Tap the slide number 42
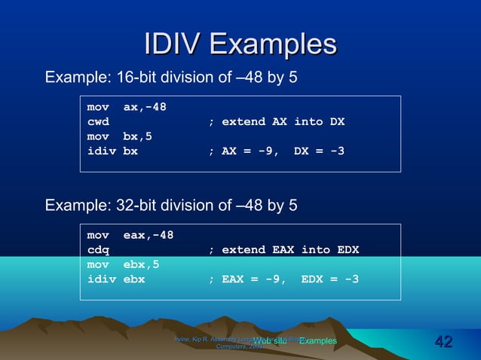[x=443, y=343]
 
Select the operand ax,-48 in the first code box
[x=145, y=107]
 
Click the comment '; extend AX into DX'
[x=276, y=121]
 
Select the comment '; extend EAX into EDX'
[x=283, y=250]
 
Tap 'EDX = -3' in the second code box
[x=329, y=279]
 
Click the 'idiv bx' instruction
[x=112, y=151]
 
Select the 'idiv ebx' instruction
[x=116, y=279]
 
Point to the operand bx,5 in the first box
[x=137, y=136]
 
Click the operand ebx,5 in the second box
[x=141, y=265]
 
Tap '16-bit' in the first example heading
[x=133, y=78]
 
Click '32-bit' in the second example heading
[x=133, y=206]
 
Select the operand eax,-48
[x=149, y=235]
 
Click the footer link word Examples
[x=317, y=342]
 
